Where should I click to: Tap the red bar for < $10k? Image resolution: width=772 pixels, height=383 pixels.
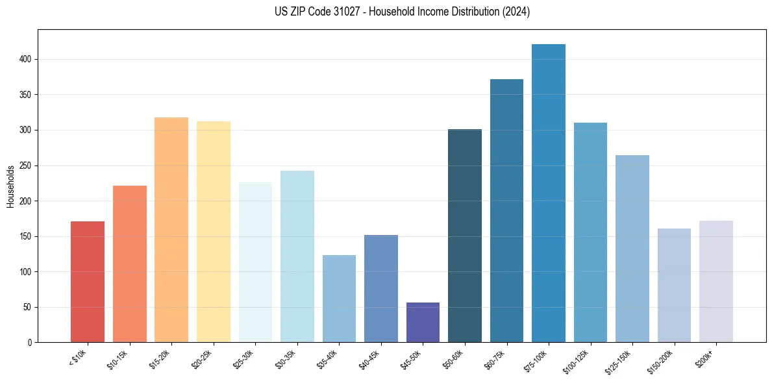tap(88, 282)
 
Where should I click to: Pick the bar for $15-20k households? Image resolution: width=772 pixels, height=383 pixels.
tap(171, 230)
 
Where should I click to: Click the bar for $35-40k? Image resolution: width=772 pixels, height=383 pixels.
tap(339, 299)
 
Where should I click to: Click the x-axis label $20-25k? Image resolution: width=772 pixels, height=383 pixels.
tap(203, 359)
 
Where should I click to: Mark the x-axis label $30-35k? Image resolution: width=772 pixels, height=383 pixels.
tap(286, 359)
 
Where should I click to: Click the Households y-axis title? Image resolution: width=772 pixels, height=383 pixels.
tap(10, 186)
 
